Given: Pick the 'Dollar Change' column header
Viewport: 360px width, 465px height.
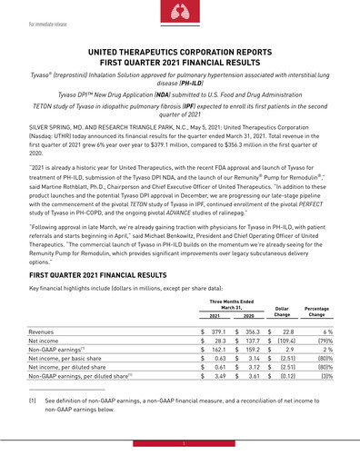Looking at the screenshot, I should (x=281, y=313).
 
